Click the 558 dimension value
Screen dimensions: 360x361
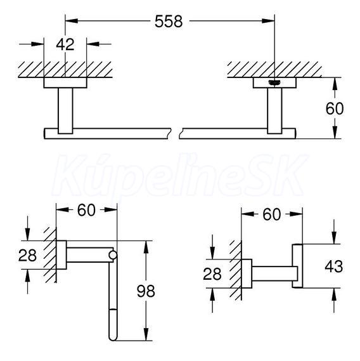[x=169, y=22]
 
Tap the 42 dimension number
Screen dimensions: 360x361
[x=65, y=44]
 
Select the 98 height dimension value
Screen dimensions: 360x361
[x=146, y=291]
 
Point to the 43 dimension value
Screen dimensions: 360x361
[x=334, y=266]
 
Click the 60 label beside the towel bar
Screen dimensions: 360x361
[x=335, y=108]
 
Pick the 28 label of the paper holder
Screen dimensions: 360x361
[x=27, y=255]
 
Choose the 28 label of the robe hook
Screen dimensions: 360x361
[x=212, y=274]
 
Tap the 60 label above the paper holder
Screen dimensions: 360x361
[x=86, y=210]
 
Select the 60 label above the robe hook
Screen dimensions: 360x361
[x=272, y=214]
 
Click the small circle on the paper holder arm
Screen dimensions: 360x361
[x=113, y=255]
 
